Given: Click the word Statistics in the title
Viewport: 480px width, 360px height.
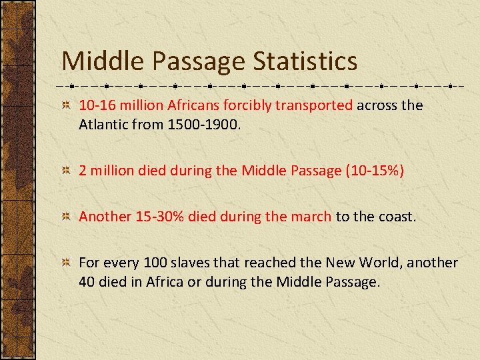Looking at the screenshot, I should pos(305,61).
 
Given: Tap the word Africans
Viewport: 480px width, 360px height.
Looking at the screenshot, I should pos(194,105).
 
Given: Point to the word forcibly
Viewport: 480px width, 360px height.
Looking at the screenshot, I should pos(249,105).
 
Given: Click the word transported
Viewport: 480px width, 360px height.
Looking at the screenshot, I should pos(315,105).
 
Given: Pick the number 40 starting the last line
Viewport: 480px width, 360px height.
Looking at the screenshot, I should pos(87,281).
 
